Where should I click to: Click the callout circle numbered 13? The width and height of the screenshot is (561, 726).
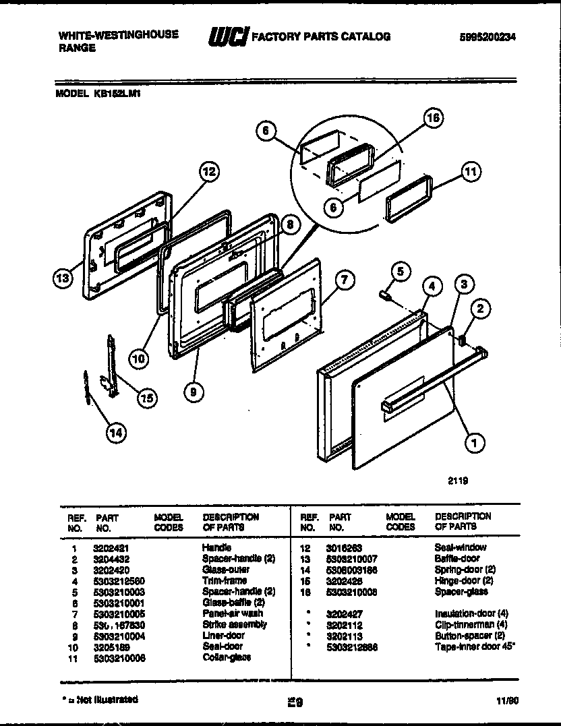pos(63,279)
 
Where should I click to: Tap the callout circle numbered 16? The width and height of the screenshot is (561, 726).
pos(434,118)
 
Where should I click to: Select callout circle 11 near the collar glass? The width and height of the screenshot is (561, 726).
pos(471,172)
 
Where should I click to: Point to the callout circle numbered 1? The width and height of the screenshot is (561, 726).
pos(474,443)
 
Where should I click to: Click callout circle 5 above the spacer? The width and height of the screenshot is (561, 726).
pos(400,272)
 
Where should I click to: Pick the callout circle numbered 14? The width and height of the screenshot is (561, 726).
pos(117,434)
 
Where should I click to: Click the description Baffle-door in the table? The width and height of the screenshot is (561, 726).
pos(456,559)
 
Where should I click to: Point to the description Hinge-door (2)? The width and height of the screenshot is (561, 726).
pos(463,580)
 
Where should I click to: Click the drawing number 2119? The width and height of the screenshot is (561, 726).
pos(458,481)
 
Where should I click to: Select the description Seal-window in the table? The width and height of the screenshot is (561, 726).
pos(460,548)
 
